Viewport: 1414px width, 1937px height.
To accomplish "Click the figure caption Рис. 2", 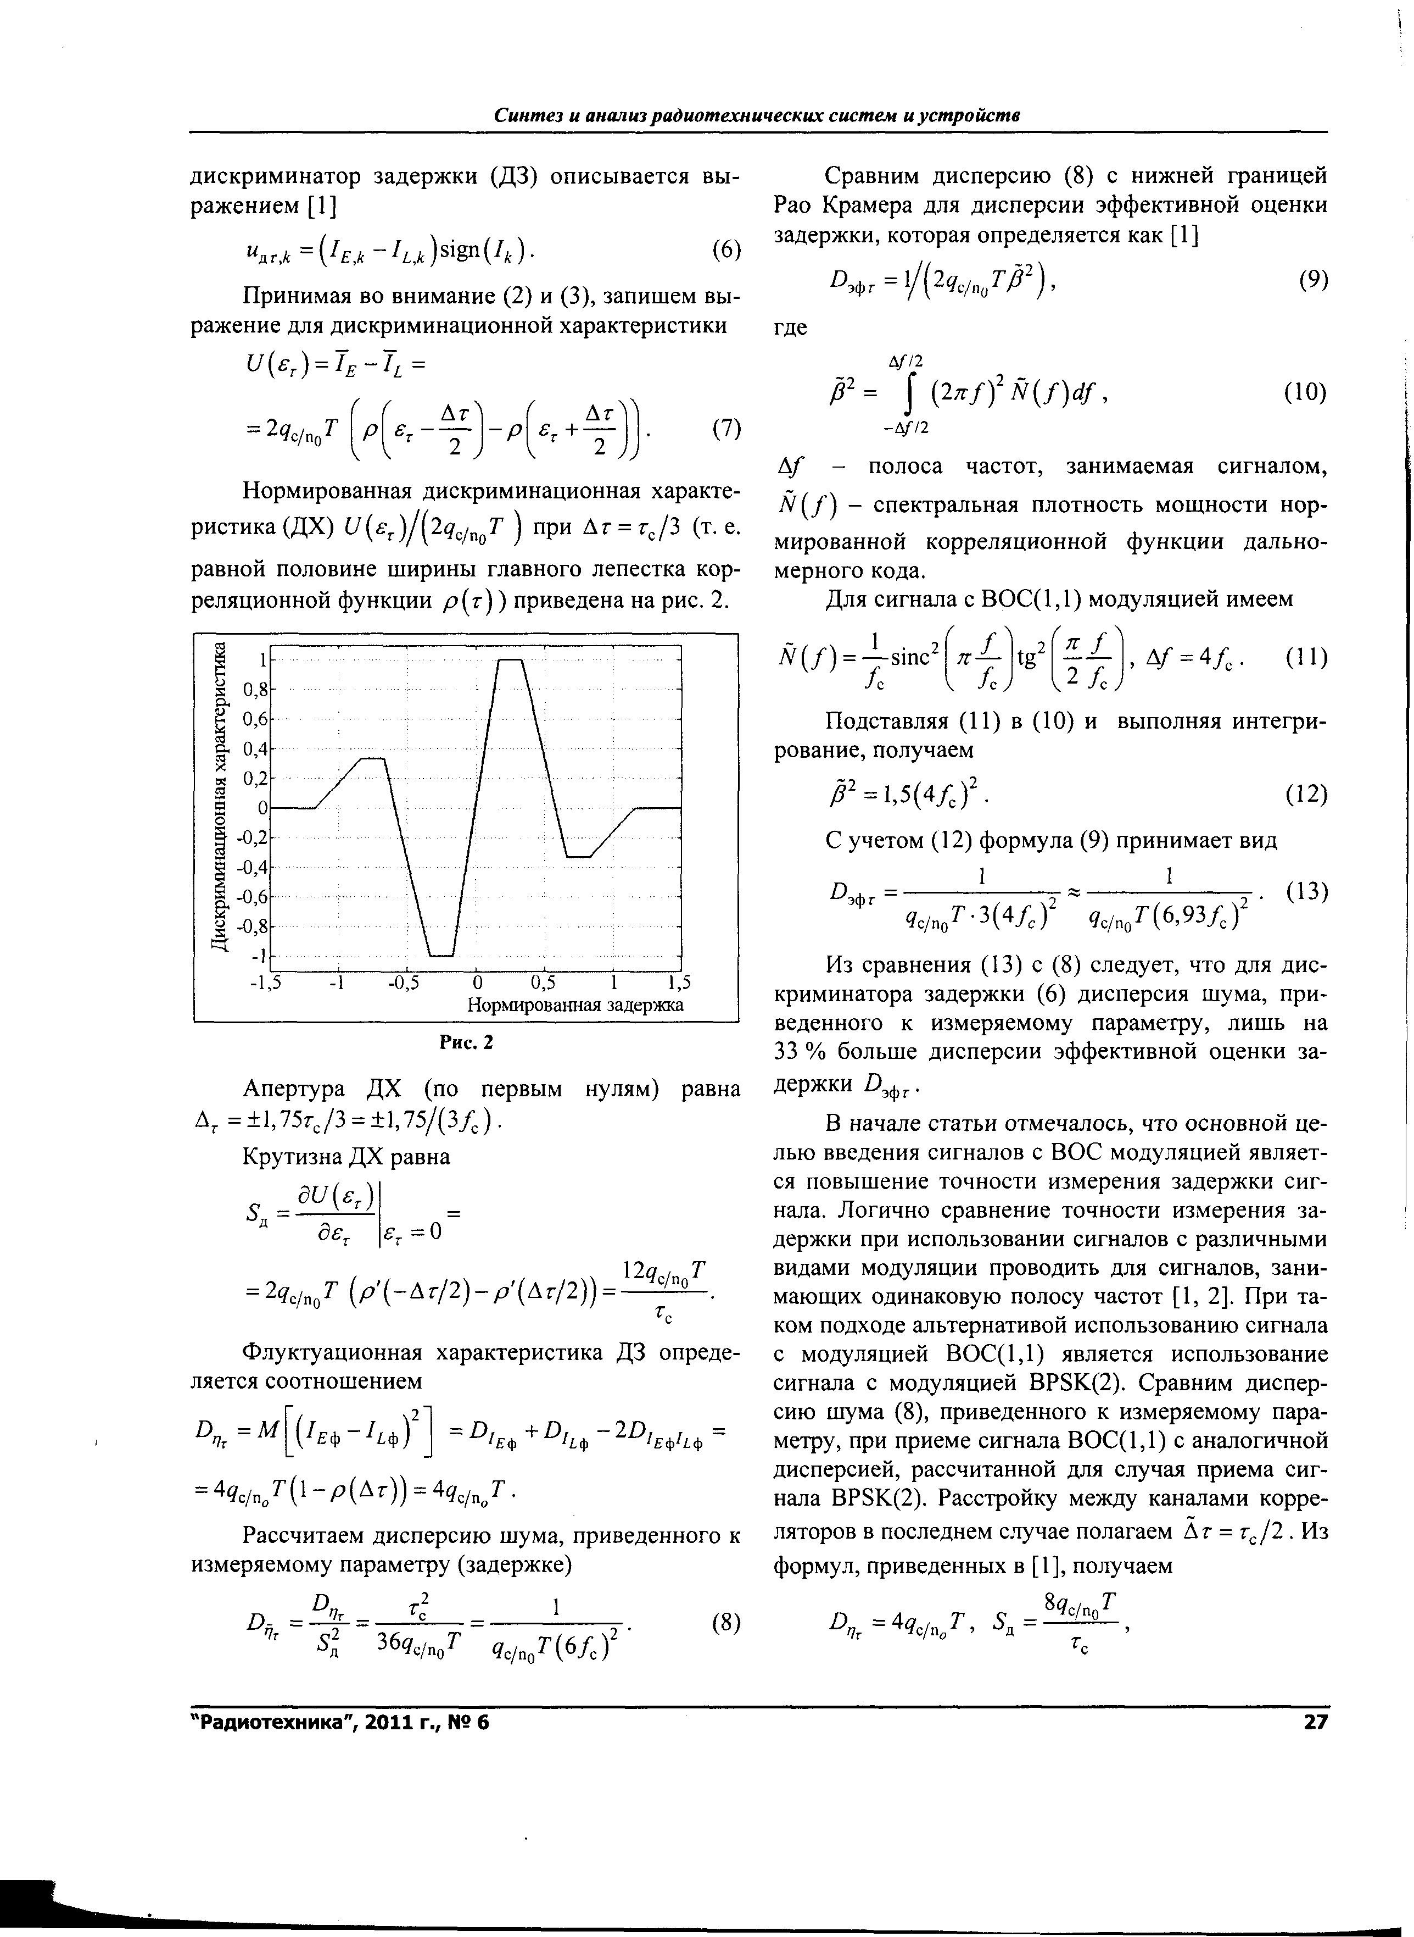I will [x=467, y=1042].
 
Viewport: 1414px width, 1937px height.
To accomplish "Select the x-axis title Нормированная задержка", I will [x=575, y=1004].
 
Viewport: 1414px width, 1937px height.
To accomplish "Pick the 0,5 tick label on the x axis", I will [x=544, y=982].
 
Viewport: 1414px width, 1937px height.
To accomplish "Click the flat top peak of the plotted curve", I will [x=510, y=659].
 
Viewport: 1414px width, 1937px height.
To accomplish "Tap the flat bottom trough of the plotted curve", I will [x=441, y=955].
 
